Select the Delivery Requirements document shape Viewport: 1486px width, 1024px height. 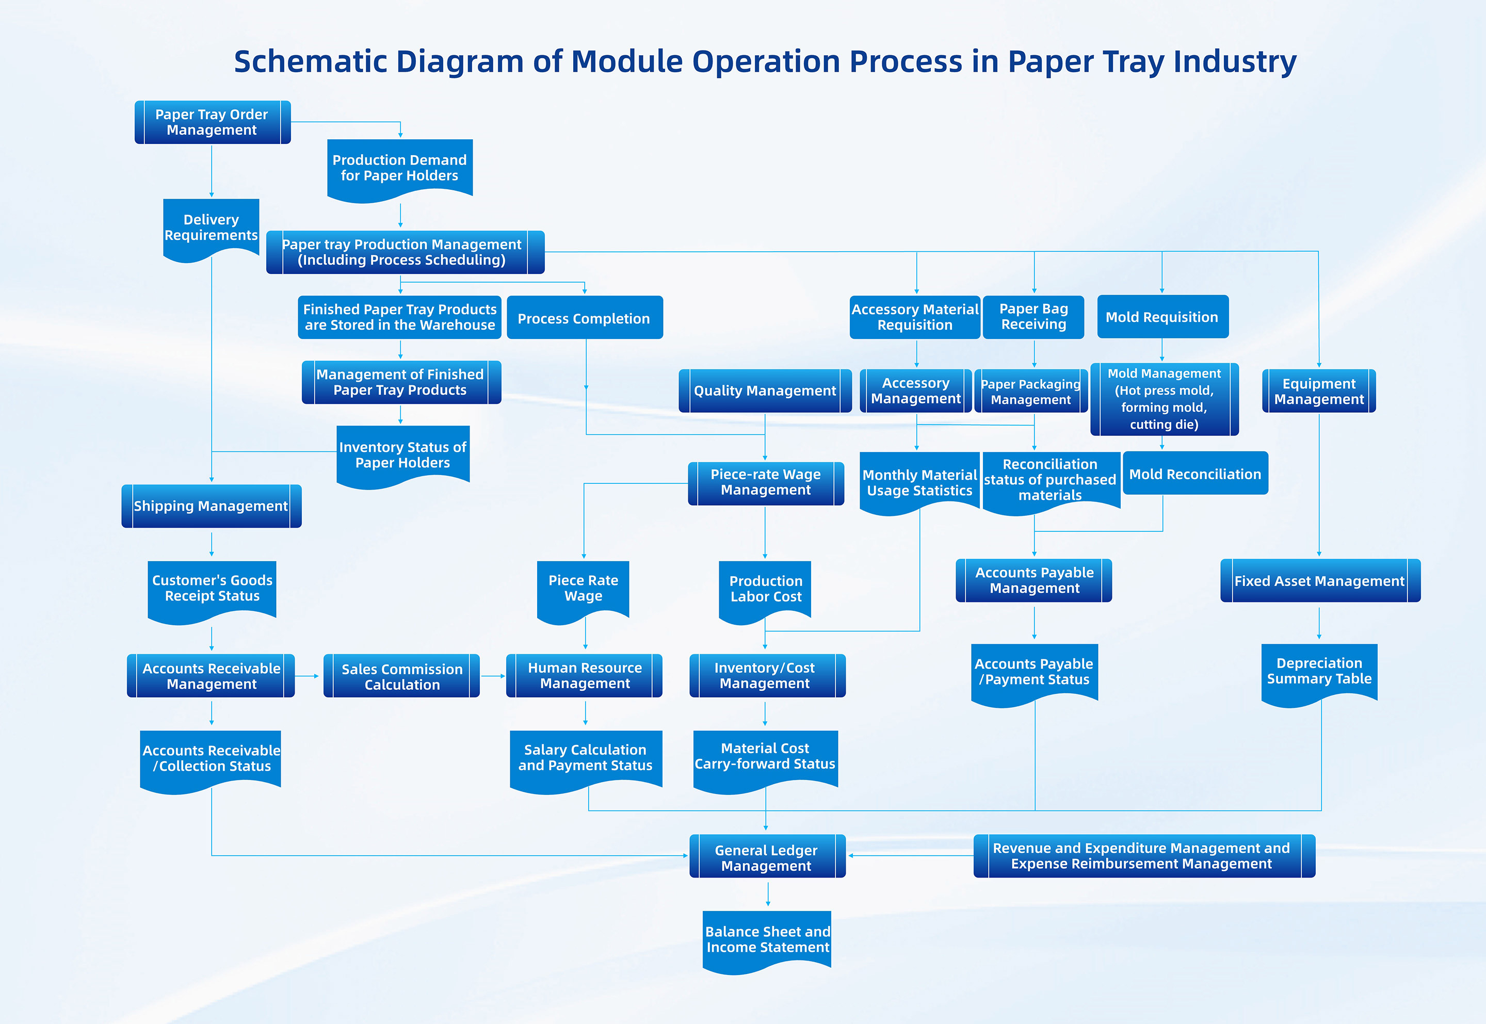211,228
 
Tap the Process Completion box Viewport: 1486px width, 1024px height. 585,318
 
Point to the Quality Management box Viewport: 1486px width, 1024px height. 765,390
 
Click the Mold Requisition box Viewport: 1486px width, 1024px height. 1162,316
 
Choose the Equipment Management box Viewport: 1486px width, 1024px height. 1318,391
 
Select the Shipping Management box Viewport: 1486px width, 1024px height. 211,506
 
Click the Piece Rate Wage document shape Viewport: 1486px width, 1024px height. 583,589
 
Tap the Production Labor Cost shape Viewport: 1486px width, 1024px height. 766,589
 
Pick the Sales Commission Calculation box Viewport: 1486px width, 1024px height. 401,676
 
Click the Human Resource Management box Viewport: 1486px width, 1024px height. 585,676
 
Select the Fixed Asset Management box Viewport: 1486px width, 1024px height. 1320,581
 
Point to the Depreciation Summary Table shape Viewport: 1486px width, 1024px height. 1319,671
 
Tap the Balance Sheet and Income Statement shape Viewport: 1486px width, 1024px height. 767,939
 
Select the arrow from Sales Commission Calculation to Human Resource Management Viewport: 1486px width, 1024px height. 493,676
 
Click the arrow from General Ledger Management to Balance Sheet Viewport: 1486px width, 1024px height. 768,894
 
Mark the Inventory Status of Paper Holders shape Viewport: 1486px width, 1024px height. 403,454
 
